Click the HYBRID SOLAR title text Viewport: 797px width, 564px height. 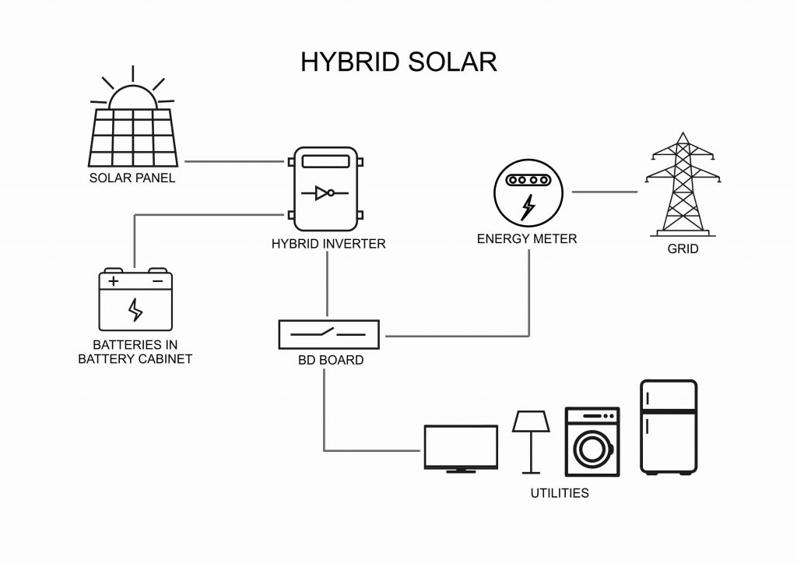398,62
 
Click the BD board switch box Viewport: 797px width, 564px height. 328,333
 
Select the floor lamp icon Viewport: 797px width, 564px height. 531,440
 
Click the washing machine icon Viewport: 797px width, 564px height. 592,440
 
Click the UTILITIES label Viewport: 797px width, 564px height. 560,493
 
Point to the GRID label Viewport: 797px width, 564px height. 683,250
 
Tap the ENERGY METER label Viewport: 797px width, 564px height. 527,238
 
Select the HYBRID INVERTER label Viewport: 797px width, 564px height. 328,244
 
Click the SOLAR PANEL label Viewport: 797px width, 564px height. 132,178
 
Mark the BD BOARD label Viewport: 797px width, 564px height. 331,361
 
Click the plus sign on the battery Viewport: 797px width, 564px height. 114,280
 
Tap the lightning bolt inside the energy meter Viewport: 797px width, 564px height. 528,207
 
